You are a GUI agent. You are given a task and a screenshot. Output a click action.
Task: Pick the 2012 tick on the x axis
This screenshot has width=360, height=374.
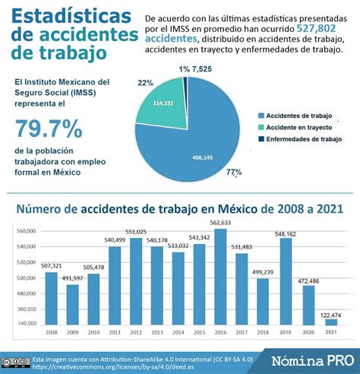click(x=136, y=333)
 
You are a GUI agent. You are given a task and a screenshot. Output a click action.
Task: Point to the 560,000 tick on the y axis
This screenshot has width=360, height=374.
click(x=27, y=231)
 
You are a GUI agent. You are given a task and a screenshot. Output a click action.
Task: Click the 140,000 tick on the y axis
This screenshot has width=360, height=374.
click(x=27, y=323)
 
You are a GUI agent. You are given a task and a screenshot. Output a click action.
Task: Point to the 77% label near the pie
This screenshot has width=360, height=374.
click(x=234, y=173)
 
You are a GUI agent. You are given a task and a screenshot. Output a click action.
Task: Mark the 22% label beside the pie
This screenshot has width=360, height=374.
click(x=146, y=81)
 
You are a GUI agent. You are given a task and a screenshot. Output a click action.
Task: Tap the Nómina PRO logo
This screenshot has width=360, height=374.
click(x=311, y=358)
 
